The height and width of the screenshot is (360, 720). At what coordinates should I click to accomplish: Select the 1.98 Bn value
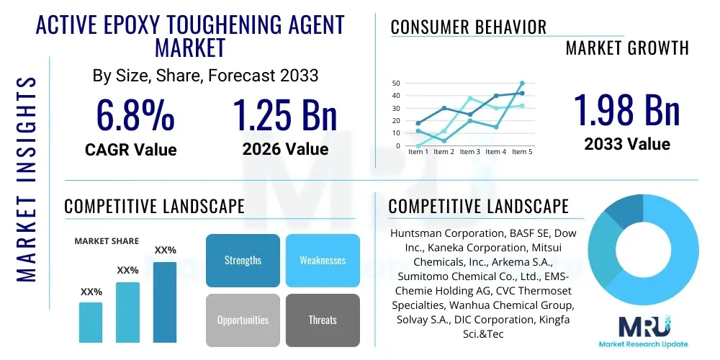tap(626, 109)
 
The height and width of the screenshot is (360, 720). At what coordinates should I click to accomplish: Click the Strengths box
tap(243, 260)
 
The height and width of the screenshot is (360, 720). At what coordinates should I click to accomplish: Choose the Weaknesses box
tap(322, 260)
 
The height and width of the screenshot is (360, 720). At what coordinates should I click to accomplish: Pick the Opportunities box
tap(243, 320)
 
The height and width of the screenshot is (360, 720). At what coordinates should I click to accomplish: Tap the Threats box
tap(322, 320)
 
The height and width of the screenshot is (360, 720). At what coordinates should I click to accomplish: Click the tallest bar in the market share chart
tap(165, 302)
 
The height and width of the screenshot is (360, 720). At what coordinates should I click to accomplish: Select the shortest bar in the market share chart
tap(91, 322)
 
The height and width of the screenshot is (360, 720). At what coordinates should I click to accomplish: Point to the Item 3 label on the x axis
tap(469, 152)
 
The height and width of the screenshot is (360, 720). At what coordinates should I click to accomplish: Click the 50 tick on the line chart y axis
tap(395, 84)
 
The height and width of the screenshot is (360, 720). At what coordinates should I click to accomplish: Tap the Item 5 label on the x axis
tap(521, 152)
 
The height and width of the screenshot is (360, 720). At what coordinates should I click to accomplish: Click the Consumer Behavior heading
tap(468, 27)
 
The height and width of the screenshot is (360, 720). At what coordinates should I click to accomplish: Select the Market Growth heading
tap(627, 48)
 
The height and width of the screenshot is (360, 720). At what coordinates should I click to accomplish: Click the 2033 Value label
tap(626, 143)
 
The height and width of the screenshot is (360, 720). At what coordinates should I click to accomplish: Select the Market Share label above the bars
tap(107, 241)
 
